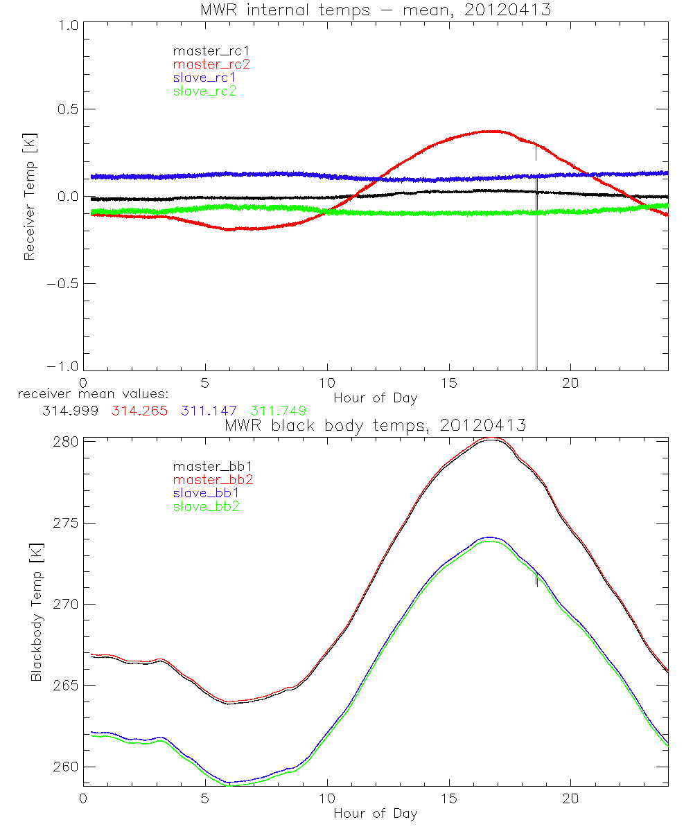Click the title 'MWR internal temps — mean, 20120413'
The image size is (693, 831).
coord(375,10)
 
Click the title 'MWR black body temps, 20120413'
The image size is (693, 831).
coord(375,426)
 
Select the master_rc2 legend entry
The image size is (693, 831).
coord(211,64)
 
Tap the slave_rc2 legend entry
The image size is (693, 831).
coord(204,91)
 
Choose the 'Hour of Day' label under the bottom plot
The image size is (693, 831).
coord(375,814)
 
